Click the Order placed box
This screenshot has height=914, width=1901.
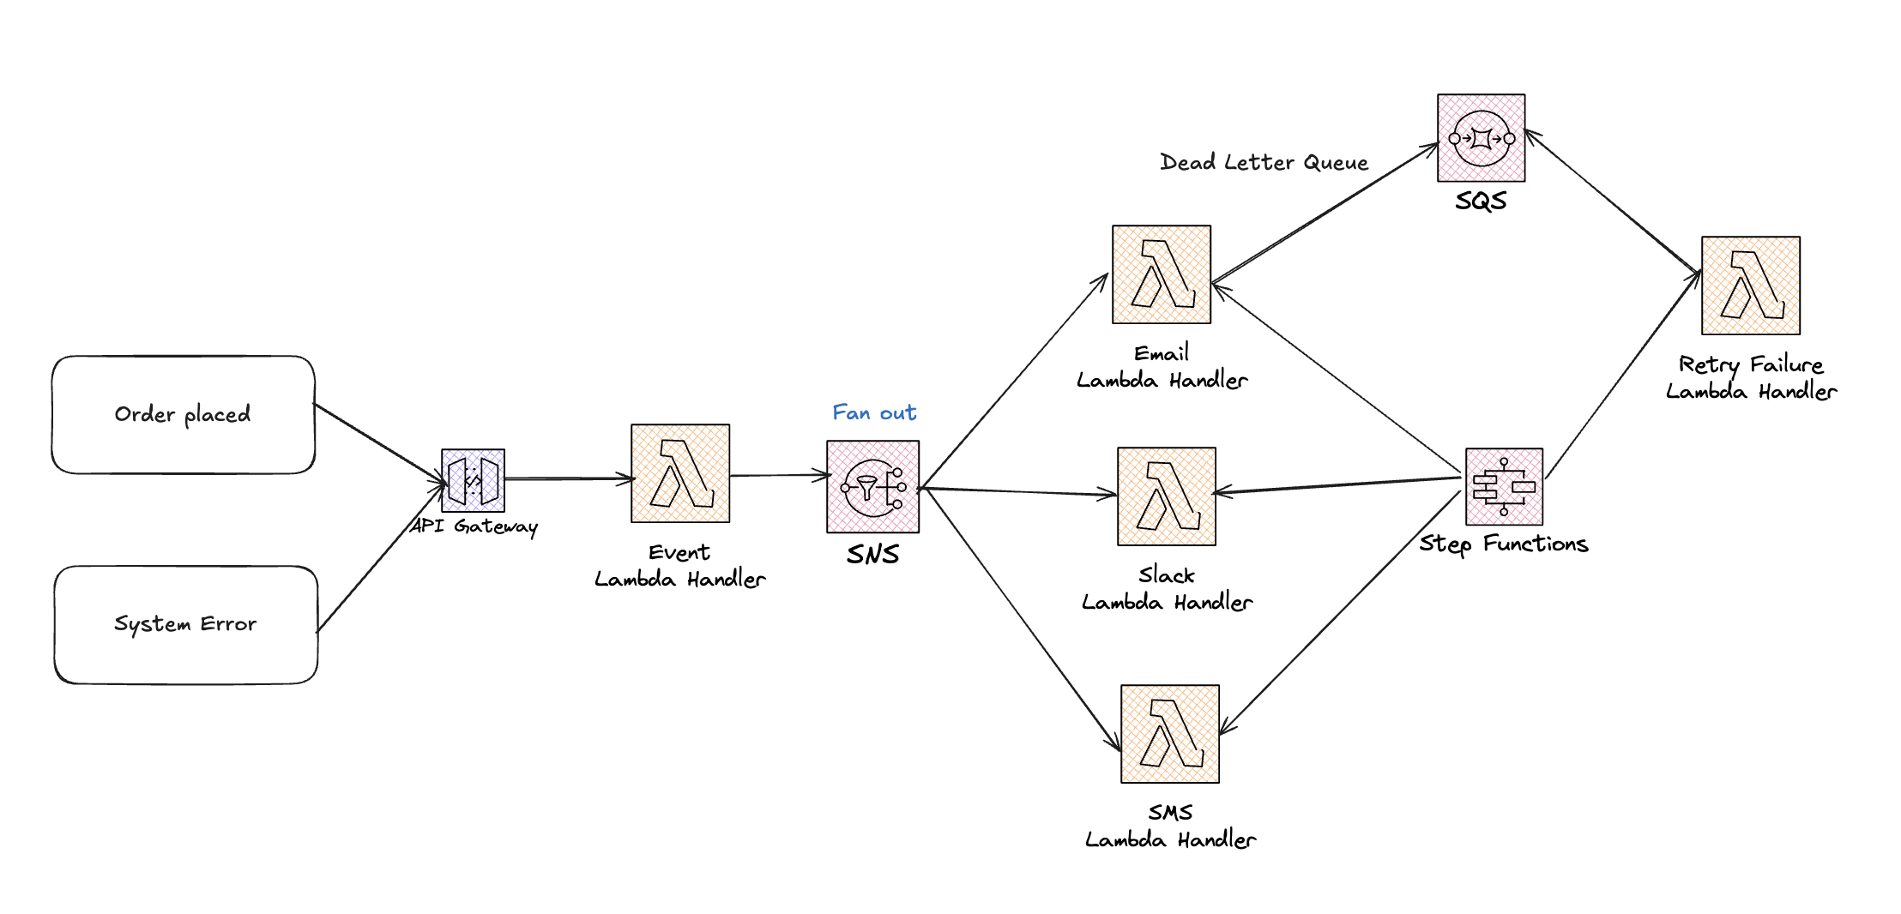point(183,414)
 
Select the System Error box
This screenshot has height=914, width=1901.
point(185,624)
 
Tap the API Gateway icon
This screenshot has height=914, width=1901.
point(473,480)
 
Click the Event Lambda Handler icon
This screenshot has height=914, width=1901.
point(680,473)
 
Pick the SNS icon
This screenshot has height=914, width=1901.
point(872,486)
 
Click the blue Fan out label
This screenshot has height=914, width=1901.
point(874,412)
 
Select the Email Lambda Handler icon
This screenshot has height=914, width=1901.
point(1162,274)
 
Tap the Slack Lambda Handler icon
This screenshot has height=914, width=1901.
point(1167,496)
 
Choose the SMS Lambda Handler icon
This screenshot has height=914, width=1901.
point(1170,734)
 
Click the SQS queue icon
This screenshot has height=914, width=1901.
point(1482,138)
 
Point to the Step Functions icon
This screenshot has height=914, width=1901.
point(1504,486)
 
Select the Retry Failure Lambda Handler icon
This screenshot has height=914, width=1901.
point(1751,286)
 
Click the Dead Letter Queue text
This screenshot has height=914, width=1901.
point(1264,162)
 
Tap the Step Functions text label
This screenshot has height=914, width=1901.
point(1504,544)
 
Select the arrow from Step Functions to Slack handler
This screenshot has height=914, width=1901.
point(1338,484)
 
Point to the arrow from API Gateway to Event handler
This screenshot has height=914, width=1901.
point(568,478)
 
